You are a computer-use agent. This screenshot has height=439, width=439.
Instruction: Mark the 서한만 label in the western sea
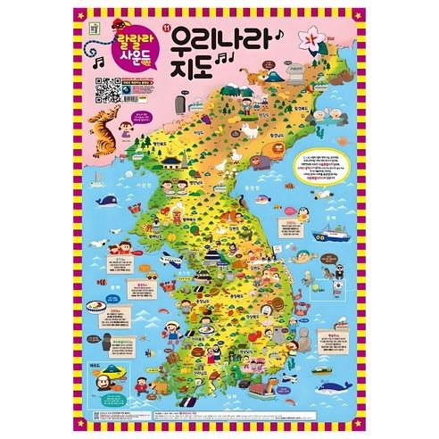(140, 177)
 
